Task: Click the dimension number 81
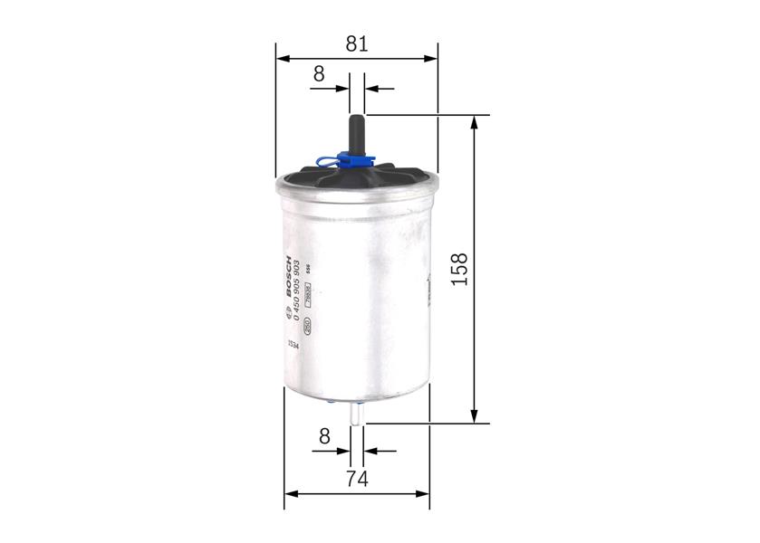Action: pos(357,43)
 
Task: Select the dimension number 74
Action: pos(357,479)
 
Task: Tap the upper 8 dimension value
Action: pos(319,74)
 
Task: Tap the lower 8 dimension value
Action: pos(324,436)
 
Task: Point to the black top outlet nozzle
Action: pos(357,131)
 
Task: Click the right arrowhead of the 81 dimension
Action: pos(432,59)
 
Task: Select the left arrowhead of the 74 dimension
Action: pos(291,494)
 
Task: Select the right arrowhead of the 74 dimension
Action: pos(424,494)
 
